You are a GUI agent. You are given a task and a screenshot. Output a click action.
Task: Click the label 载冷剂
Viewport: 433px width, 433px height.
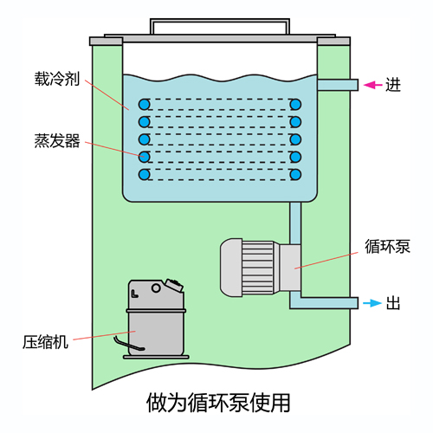[57, 79]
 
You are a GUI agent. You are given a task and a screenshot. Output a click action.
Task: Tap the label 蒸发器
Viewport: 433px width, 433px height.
[57, 140]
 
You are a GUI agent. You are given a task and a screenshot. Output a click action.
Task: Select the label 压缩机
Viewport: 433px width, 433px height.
[45, 342]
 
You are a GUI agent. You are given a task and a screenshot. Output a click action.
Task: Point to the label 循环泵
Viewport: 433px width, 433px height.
[387, 246]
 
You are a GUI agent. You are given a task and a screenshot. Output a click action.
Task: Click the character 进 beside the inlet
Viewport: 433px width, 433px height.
[393, 85]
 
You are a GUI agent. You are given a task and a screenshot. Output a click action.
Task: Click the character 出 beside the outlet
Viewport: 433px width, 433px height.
[393, 303]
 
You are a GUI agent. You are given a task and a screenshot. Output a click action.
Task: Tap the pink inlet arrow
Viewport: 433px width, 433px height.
[372, 85]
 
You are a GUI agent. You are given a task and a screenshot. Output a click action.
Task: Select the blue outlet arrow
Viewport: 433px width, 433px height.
[372, 303]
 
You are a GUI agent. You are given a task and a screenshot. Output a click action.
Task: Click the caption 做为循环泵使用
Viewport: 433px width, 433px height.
[218, 403]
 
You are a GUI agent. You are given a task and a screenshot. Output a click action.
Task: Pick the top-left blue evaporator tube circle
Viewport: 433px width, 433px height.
[144, 104]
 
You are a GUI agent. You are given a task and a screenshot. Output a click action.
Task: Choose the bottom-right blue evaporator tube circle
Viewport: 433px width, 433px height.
[295, 175]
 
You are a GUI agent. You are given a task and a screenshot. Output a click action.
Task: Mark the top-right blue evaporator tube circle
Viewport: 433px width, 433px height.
[295, 104]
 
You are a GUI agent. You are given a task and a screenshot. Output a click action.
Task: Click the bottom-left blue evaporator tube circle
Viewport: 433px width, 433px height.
[144, 175]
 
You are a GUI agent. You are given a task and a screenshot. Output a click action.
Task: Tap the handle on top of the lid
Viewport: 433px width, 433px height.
[220, 21]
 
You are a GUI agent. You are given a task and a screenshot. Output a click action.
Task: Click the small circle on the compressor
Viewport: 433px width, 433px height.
[156, 288]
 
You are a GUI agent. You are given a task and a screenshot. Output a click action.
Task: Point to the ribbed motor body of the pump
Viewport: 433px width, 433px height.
[258, 268]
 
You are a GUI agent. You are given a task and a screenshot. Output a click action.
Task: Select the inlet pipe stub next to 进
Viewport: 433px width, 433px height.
[338, 85]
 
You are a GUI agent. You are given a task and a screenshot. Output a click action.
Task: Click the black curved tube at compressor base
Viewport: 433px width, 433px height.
[128, 344]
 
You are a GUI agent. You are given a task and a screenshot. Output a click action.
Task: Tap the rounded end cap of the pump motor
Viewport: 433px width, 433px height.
[231, 268]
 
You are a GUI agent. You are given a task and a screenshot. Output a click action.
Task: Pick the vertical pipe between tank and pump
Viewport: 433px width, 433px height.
[295, 223]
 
